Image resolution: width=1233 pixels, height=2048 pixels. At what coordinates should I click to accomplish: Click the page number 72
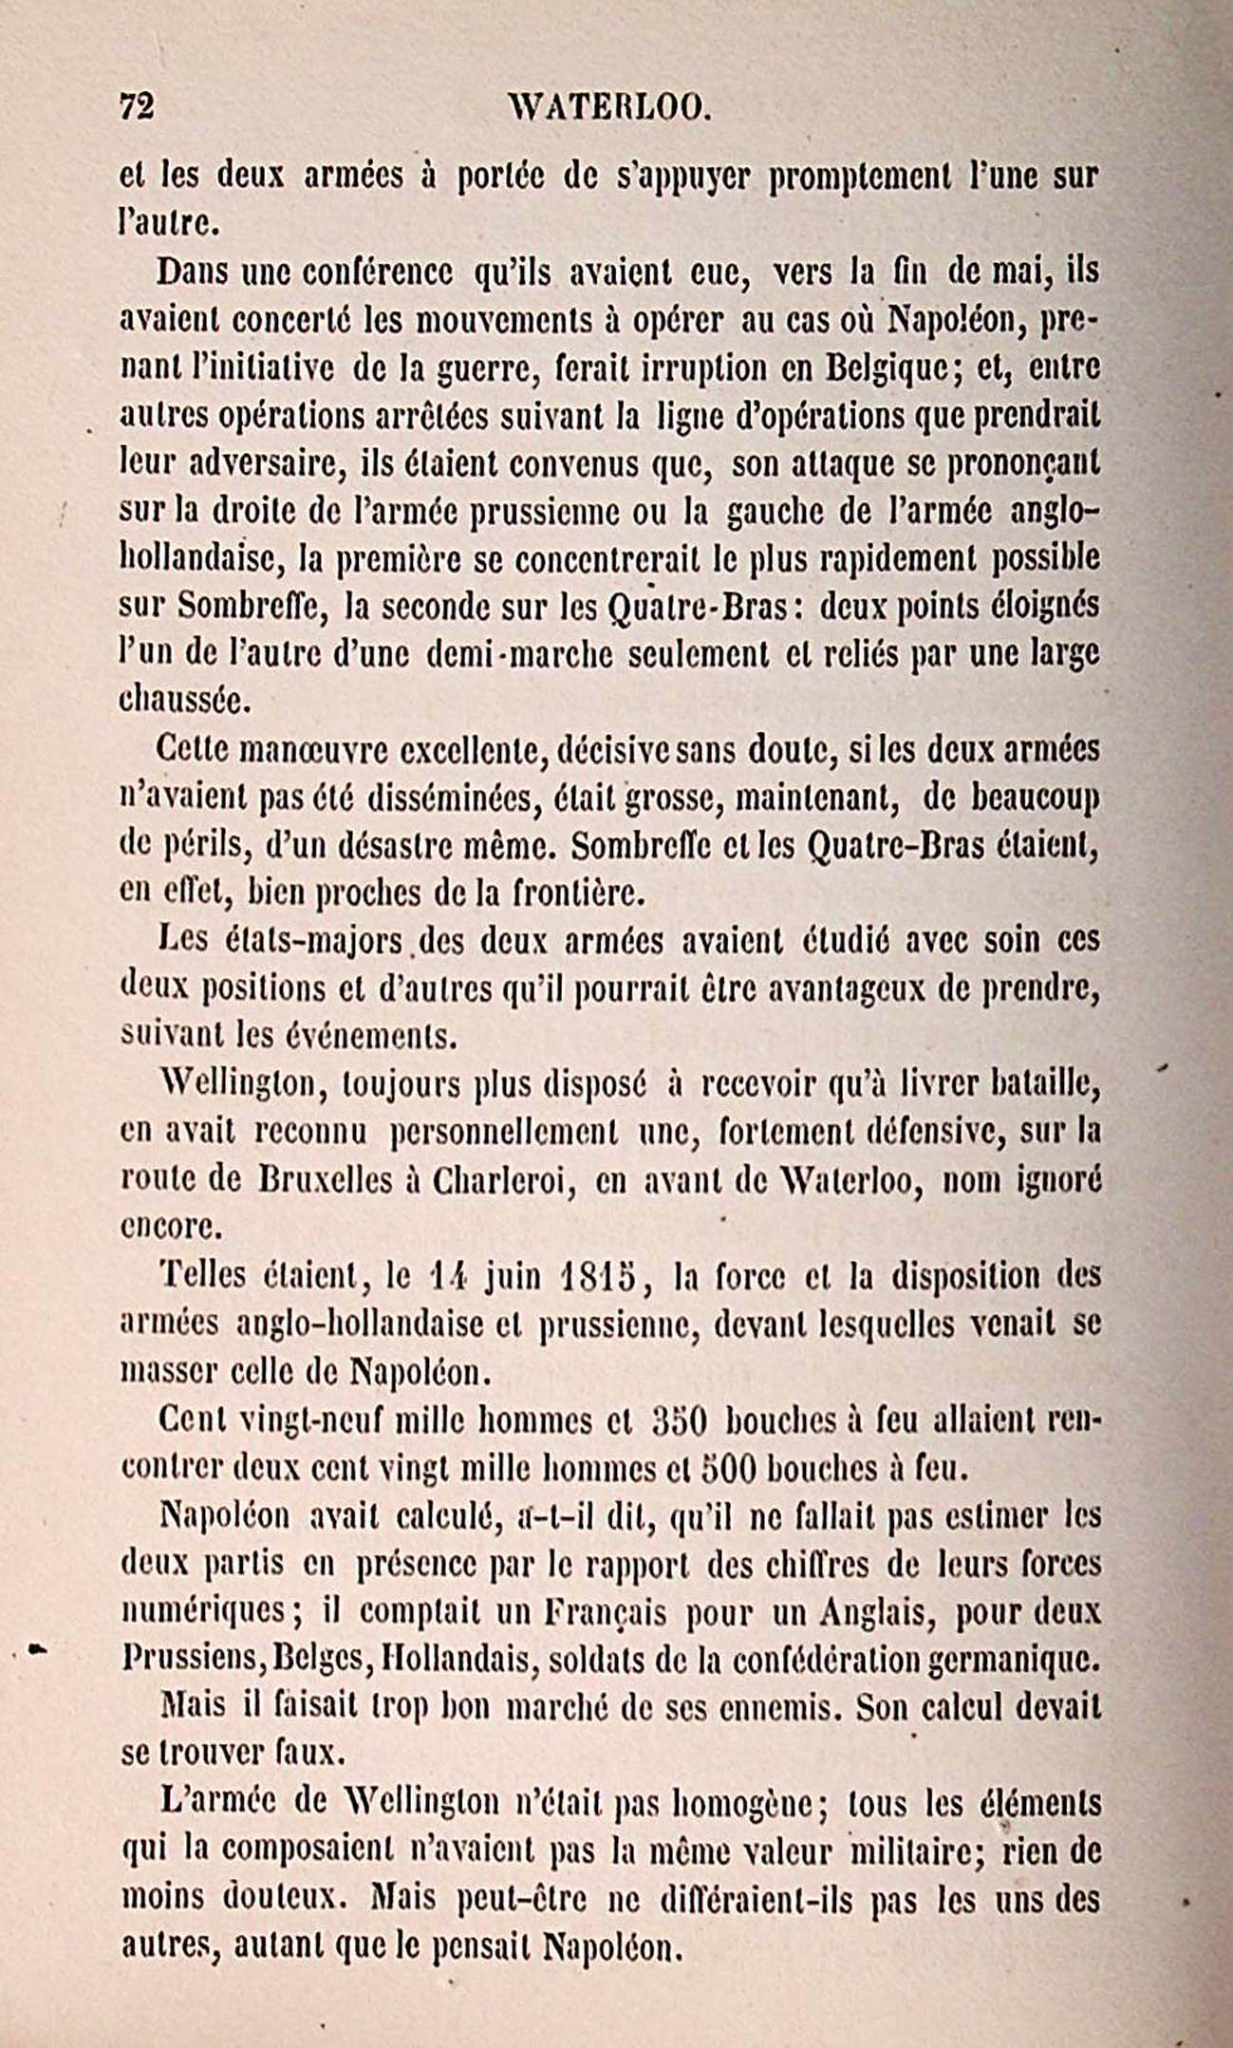click(137, 105)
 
